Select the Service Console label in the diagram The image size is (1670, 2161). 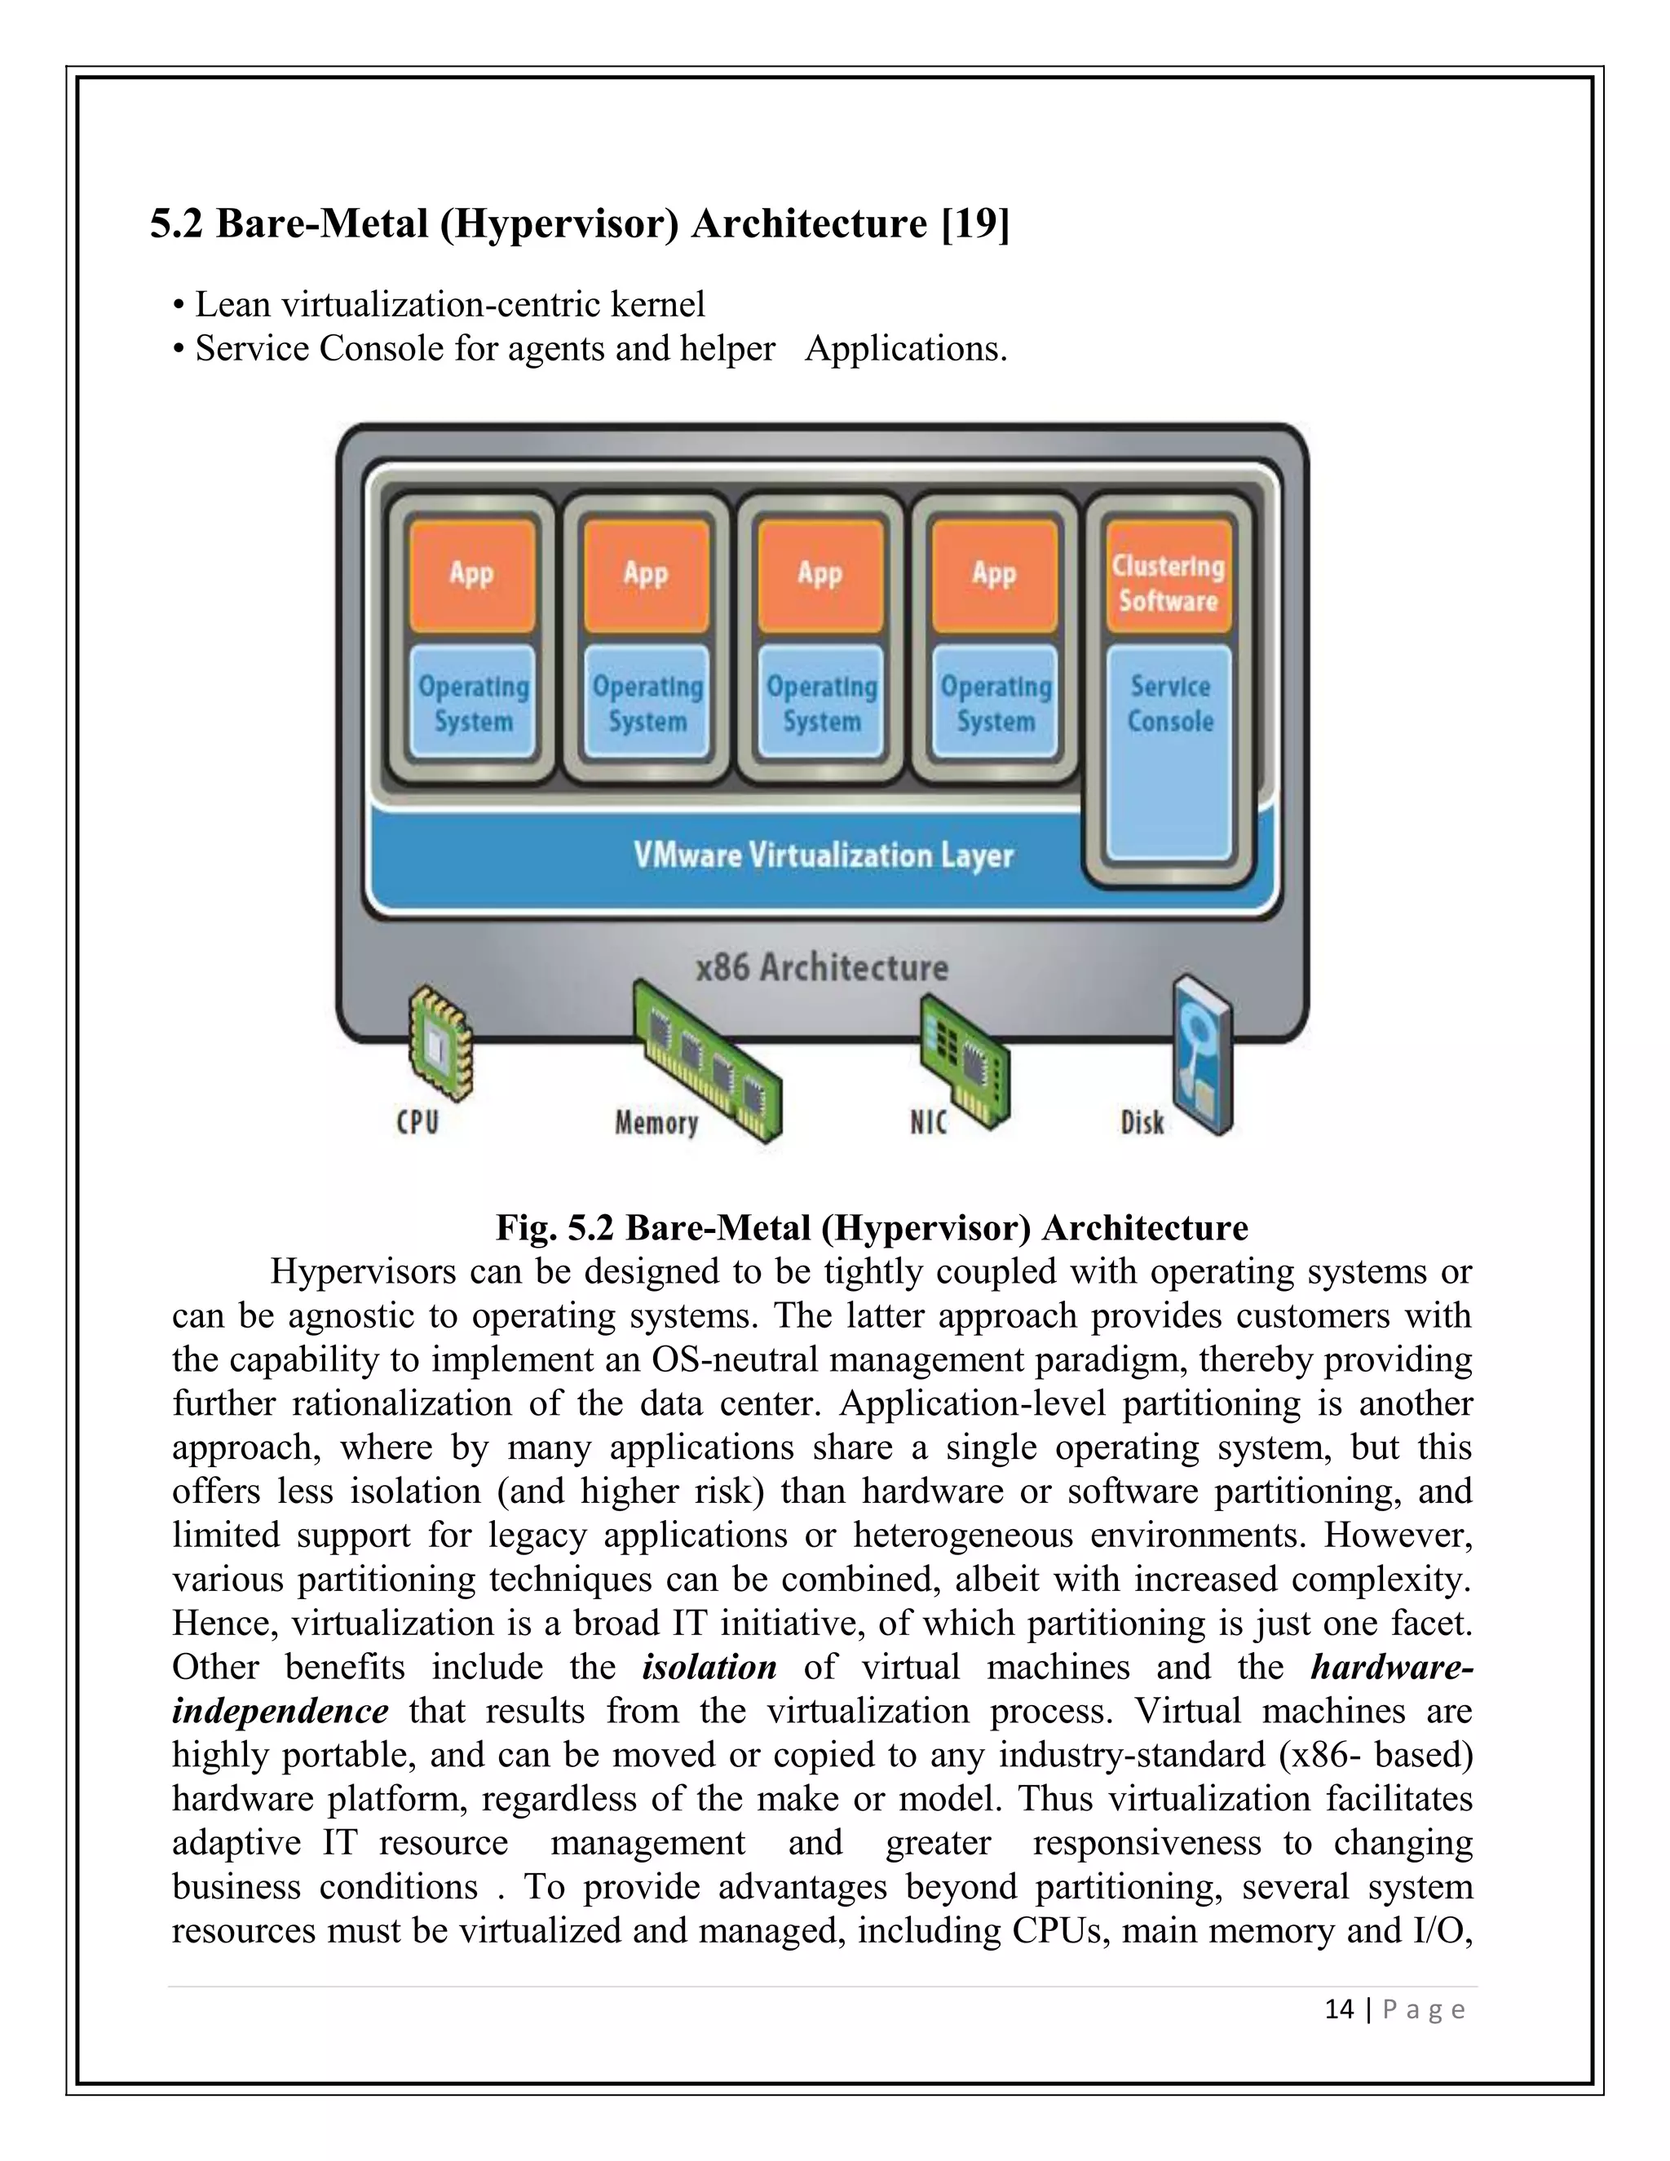point(1170,704)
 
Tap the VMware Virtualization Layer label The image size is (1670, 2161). point(823,855)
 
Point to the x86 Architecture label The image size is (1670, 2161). point(821,966)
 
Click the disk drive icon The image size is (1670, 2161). point(1202,1054)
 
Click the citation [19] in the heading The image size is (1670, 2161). point(975,223)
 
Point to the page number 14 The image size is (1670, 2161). point(1339,2009)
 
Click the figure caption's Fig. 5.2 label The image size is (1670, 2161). point(555,1228)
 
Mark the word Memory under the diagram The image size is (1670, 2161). point(656,1123)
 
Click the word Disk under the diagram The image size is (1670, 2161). point(1142,1123)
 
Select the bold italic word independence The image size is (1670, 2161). point(280,1711)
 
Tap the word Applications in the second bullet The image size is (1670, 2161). point(905,348)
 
